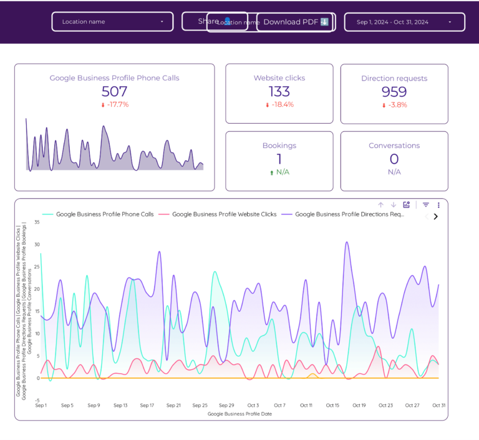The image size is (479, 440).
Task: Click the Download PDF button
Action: (x=296, y=22)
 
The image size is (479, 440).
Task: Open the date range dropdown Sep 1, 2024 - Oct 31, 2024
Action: (x=404, y=22)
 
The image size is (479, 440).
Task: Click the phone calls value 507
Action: (x=114, y=92)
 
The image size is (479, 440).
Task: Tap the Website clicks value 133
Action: (x=279, y=91)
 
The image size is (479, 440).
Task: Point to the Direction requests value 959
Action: (x=394, y=92)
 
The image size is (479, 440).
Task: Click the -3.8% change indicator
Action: (x=394, y=105)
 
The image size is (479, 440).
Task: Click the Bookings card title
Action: (x=279, y=146)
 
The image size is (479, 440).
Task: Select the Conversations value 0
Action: (x=394, y=159)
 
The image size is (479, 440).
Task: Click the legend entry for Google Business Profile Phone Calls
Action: (x=104, y=214)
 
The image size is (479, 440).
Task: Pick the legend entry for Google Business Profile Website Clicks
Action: (x=224, y=214)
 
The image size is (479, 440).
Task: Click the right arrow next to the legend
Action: (x=435, y=217)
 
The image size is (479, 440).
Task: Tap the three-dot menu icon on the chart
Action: (x=438, y=205)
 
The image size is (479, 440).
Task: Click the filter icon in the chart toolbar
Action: (x=426, y=205)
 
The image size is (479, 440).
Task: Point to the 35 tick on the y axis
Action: (x=37, y=222)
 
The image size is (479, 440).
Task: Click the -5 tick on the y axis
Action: (x=37, y=401)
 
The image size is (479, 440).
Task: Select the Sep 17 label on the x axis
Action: (x=147, y=406)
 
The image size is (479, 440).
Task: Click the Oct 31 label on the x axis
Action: (x=438, y=406)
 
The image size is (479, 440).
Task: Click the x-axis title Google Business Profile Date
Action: (x=239, y=414)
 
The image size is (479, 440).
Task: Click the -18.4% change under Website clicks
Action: (x=279, y=105)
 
